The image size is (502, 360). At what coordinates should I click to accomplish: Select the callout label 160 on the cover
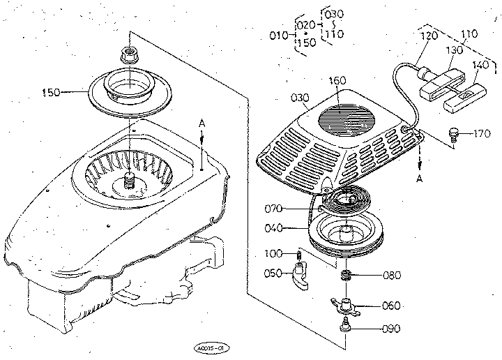pyautogui.click(x=337, y=82)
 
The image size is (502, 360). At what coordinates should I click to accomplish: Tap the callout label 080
pyautogui.click(x=392, y=275)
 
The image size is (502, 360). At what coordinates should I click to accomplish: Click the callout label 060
pyautogui.click(x=392, y=306)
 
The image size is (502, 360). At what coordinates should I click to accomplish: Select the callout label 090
pyautogui.click(x=392, y=328)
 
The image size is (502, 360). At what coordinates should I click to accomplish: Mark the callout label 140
pyautogui.click(x=480, y=64)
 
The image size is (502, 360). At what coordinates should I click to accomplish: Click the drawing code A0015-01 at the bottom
pyautogui.click(x=213, y=347)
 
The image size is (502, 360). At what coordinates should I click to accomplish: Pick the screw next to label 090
pyautogui.click(x=344, y=324)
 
